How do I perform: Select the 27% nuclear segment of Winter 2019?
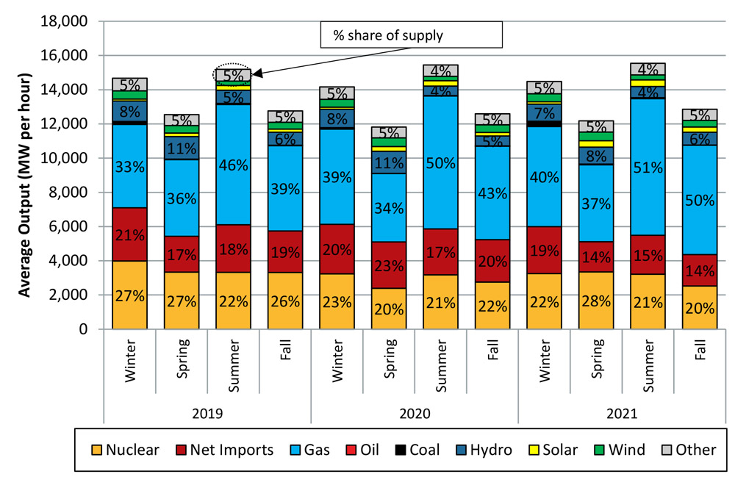[129, 295]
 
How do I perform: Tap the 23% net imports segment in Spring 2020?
[388, 265]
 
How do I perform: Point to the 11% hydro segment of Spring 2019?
[181, 148]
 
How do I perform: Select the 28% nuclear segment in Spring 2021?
[595, 300]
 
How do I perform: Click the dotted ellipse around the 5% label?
[232, 73]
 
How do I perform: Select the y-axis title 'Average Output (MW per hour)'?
[24, 185]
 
